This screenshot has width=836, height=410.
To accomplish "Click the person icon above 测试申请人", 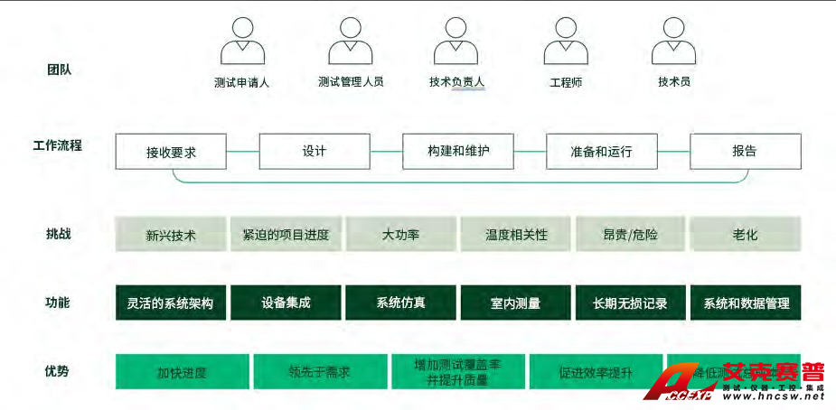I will tap(242, 42).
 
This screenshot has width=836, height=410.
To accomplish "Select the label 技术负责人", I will tap(457, 82).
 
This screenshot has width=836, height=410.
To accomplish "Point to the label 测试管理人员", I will tap(351, 82).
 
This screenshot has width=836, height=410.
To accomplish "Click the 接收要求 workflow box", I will tap(171, 152).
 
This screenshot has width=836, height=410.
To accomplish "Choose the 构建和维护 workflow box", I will tap(458, 151).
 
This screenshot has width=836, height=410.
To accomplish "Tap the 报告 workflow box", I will tap(745, 151).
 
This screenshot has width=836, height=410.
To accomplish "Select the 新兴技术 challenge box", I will tap(171, 235).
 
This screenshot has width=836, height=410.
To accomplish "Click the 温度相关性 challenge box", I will tap(516, 235).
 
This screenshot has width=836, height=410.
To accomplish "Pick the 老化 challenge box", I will tap(745, 235).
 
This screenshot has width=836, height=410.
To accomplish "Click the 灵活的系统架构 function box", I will tap(171, 303).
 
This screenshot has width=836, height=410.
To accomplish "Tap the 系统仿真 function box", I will tap(400, 303).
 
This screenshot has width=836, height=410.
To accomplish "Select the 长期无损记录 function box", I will tap(630, 303).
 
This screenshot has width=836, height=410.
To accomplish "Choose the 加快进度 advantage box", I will tap(182, 372).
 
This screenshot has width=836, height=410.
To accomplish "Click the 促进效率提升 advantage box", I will tap(595, 372).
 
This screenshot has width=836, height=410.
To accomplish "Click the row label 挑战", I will tap(58, 234).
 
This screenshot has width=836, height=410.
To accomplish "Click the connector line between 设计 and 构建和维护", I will tap(386, 152).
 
